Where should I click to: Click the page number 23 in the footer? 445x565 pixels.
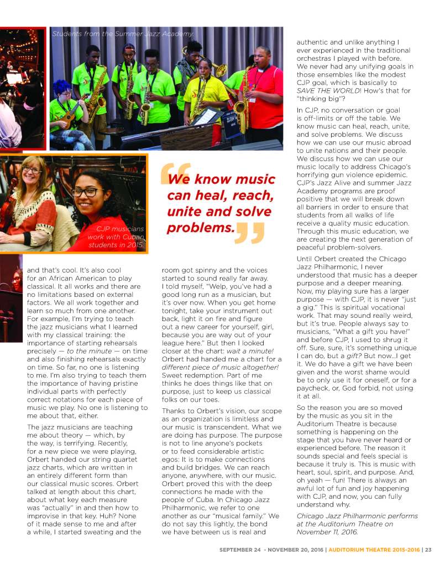(x=428, y=549)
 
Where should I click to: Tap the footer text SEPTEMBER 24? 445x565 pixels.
(x=239, y=549)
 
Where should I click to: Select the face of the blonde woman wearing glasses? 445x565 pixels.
(x=32, y=172)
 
